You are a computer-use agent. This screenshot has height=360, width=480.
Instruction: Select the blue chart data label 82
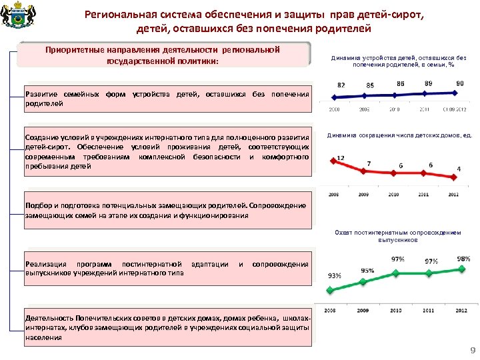coord(341,85)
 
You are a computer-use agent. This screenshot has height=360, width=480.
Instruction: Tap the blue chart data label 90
coord(459,83)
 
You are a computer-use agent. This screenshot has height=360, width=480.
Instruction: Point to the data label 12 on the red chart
coord(340,157)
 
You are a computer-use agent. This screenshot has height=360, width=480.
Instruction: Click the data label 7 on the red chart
coord(369,163)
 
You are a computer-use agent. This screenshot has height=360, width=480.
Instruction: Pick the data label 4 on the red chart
coord(459,169)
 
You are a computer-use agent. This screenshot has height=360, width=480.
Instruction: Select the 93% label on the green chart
coord(334,275)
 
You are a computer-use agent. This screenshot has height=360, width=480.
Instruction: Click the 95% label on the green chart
coord(367,270)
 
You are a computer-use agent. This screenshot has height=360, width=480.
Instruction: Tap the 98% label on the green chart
coord(463,259)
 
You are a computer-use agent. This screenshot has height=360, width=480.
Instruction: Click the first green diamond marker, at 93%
coord(329,289)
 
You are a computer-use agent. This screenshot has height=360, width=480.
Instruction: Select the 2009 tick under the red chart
coord(363,195)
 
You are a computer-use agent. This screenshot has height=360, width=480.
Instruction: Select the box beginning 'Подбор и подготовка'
coord(167,210)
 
